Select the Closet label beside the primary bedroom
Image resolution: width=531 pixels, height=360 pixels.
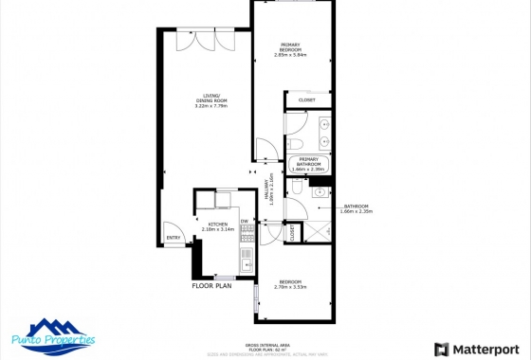(306, 99)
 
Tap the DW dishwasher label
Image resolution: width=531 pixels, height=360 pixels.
(244, 222)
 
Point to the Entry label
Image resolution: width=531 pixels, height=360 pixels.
(174, 237)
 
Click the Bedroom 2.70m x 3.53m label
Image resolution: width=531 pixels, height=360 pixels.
(292, 285)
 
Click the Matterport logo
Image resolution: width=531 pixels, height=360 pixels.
(474, 348)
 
